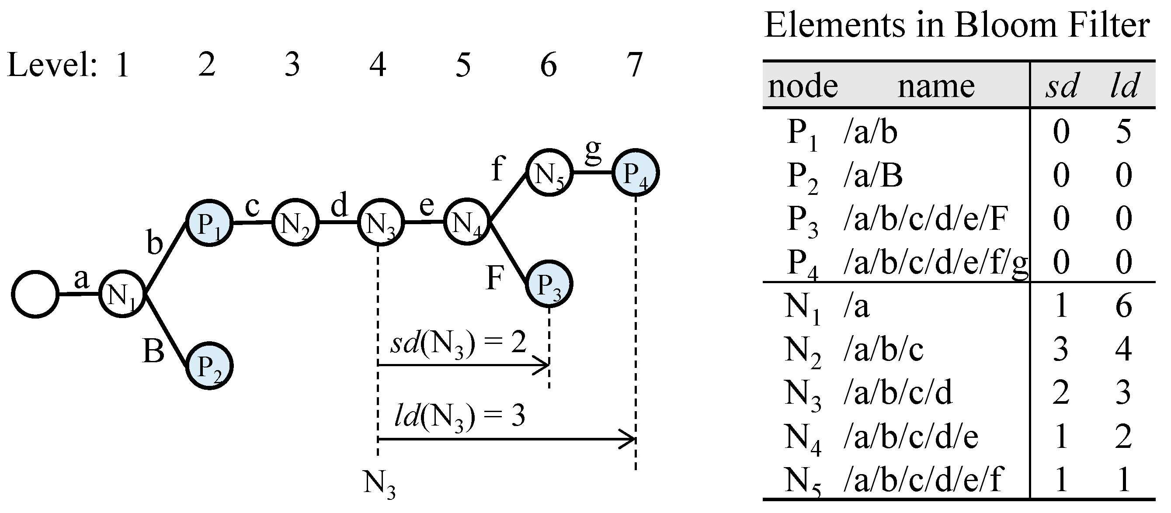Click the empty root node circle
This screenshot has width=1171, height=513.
point(35,294)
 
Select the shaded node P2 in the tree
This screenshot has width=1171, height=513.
point(209,366)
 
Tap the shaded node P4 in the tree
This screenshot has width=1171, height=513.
point(635,173)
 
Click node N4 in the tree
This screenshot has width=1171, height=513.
point(466,222)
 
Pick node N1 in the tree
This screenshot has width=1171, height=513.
point(122,294)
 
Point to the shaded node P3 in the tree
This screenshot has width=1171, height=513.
point(549,284)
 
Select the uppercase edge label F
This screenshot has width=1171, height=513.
point(495,277)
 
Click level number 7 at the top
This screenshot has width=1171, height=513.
point(634,65)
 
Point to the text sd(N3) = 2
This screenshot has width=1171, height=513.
point(458,343)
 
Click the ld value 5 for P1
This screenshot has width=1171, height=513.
point(1123,132)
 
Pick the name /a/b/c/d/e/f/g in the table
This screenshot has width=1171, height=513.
point(935,263)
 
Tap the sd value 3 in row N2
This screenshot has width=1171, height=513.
point(1060,350)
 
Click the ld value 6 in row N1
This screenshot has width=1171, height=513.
point(1123,306)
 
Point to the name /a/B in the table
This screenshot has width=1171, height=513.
point(873,176)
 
